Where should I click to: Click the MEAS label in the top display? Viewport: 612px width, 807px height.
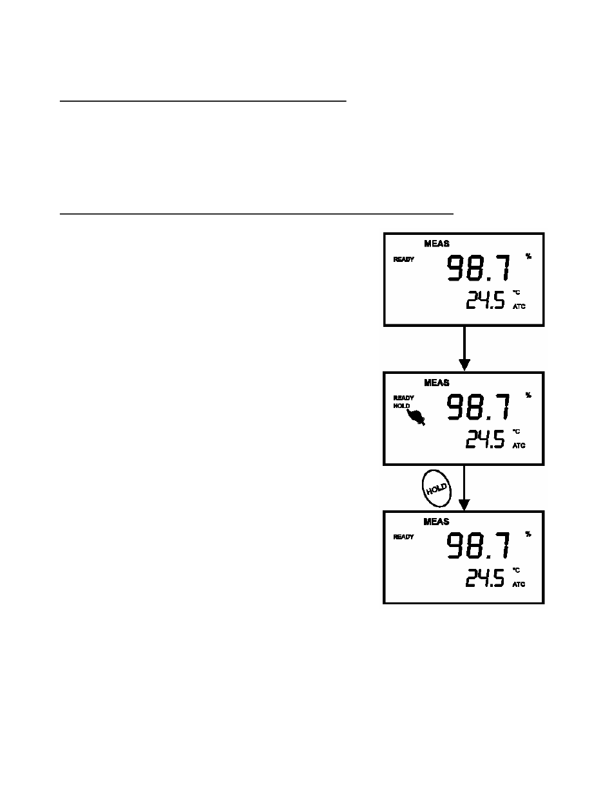point(436,243)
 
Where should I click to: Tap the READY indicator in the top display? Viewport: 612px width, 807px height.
point(403,259)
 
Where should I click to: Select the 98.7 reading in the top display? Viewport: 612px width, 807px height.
point(478,268)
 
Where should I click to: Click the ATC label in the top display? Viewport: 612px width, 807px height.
point(519,306)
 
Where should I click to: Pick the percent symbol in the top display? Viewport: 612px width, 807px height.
point(528,256)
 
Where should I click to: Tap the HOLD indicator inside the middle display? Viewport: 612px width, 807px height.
point(401,406)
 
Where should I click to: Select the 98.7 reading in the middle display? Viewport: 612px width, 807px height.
point(478,407)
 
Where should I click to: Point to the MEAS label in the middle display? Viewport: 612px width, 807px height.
point(436,383)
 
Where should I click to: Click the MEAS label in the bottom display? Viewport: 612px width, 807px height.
point(436,522)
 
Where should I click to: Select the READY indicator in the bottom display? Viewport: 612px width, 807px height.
point(403,537)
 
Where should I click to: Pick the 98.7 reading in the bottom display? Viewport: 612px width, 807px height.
point(478,546)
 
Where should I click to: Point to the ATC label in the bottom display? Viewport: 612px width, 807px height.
point(519,584)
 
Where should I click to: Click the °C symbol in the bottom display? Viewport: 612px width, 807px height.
point(516,570)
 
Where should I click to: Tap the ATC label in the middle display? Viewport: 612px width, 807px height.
point(519,445)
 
